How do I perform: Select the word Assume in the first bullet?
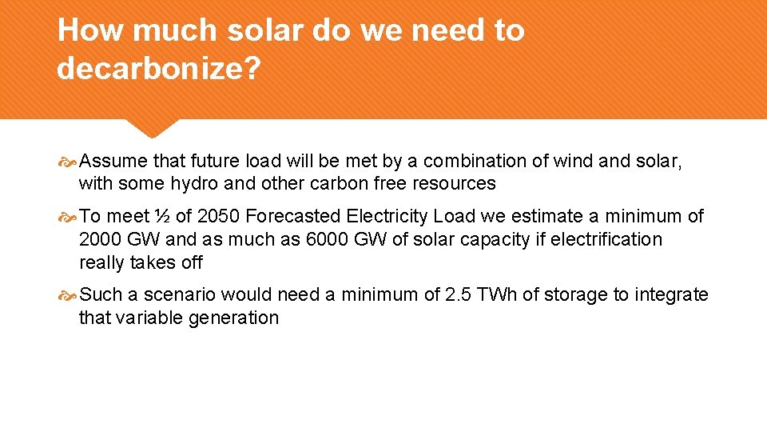(113, 161)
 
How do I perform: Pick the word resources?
(454, 183)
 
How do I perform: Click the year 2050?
(217, 216)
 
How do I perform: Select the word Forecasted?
(293, 216)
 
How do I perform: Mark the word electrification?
(603, 239)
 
